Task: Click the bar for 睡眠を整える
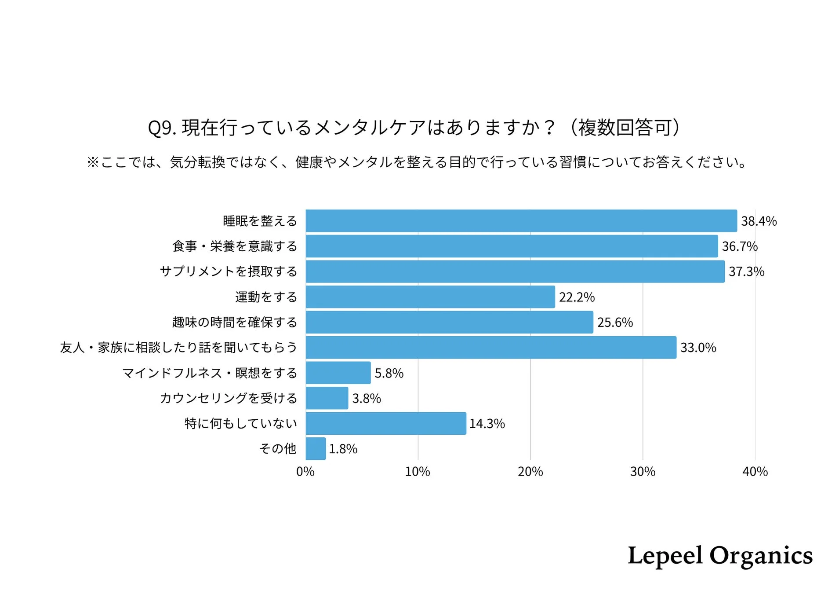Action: pos(521,220)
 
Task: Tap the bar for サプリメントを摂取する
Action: pos(515,271)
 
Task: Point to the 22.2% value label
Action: pos(576,297)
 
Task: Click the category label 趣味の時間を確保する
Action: pos(234,322)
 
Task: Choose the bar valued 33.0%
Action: pos(490,347)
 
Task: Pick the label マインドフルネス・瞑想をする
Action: pos(210,373)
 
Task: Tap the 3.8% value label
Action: pos(366,398)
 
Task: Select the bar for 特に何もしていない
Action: pos(385,423)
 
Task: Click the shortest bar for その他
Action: pos(316,448)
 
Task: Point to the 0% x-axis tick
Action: pos(305,472)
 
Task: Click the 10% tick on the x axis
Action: pos(417,472)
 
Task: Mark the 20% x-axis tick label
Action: pos(530,472)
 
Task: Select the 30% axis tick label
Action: pos(642,472)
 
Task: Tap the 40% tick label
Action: pos(755,472)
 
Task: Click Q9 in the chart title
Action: pos(161,128)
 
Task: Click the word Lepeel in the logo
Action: pos(665,555)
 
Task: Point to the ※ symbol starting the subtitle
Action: pos(93,162)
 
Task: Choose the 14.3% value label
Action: pos(487,423)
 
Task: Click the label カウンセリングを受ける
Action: pos(228,398)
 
